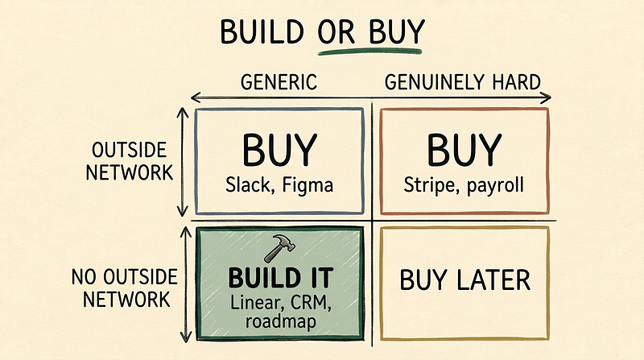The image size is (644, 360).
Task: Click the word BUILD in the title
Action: (262, 31)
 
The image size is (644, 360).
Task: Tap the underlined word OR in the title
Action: (336, 31)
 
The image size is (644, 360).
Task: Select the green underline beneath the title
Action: (369, 52)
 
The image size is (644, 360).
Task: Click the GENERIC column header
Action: (279, 82)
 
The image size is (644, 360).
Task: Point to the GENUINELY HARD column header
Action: (462, 82)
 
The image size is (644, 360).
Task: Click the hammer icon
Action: (279, 248)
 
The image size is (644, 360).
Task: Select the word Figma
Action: (308, 186)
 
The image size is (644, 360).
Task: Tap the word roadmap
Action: (280, 321)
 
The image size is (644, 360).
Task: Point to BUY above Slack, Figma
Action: (279, 151)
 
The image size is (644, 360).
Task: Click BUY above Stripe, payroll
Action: (464, 151)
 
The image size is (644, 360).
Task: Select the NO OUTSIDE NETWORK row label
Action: (125, 288)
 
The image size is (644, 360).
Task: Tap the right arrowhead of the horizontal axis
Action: (547, 97)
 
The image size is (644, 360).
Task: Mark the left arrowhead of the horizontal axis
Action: (195, 97)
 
